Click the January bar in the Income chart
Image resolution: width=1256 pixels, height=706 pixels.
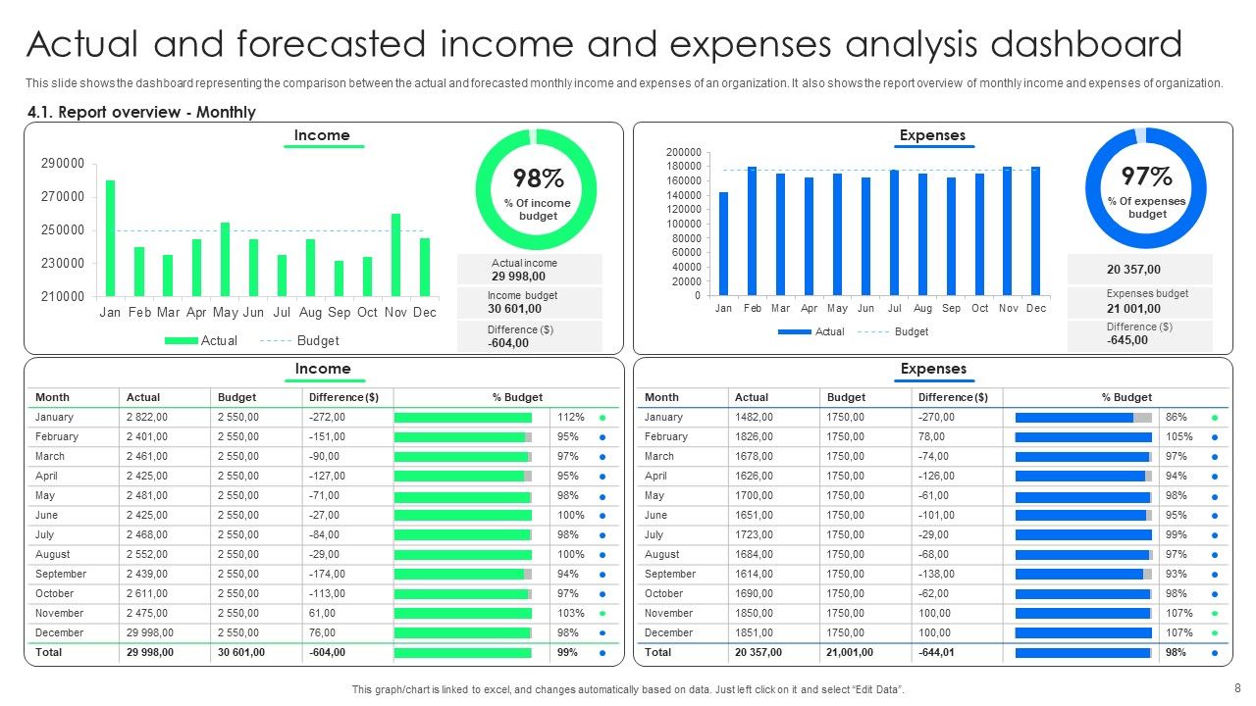click(x=110, y=237)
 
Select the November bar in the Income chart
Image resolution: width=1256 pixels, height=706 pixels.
click(x=395, y=255)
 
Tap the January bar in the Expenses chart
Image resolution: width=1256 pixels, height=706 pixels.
click(x=724, y=243)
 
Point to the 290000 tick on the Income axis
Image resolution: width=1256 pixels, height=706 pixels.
click(x=63, y=163)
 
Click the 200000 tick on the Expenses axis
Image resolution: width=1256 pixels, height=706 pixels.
click(x=684, y=152)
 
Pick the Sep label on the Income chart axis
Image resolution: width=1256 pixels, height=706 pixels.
click(x=340, y=312)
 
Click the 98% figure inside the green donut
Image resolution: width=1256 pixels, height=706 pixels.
click(x=538, y=178)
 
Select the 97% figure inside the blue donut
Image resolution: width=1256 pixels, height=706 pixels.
click(x=1147, y=176)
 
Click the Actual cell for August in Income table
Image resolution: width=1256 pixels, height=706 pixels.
click(x=147, y=554)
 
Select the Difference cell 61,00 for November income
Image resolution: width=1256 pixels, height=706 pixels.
click(x=323, y=613)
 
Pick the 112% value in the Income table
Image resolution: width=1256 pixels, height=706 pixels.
click(x=571, y=417)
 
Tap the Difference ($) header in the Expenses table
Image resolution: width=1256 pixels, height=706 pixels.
click(x=953, y=397)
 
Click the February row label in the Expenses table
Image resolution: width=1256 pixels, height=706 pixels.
click(x=666, y=436)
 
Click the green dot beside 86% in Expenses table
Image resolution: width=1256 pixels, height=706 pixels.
click(x=1215, y=417)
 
